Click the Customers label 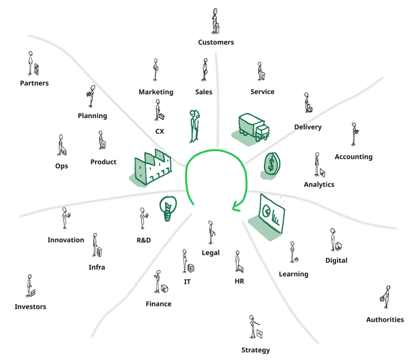click(216, 42)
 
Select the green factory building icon click(151, 167)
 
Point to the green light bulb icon click(168, 208)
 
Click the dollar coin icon click(271, 166)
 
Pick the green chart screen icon click(268, 217)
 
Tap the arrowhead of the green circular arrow click(236, 207)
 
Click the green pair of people click(194, 126)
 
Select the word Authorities click(385, 319)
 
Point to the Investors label click(30, 307)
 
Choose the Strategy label click(256, 350)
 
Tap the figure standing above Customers click(215, 21)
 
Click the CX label click(160, 131)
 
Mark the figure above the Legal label click(212, 232)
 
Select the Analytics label click(319, 184)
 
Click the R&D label click(143, 240)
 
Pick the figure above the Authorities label click(385, 298)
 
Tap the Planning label click(92, 116)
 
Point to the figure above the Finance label click(160, 282)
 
